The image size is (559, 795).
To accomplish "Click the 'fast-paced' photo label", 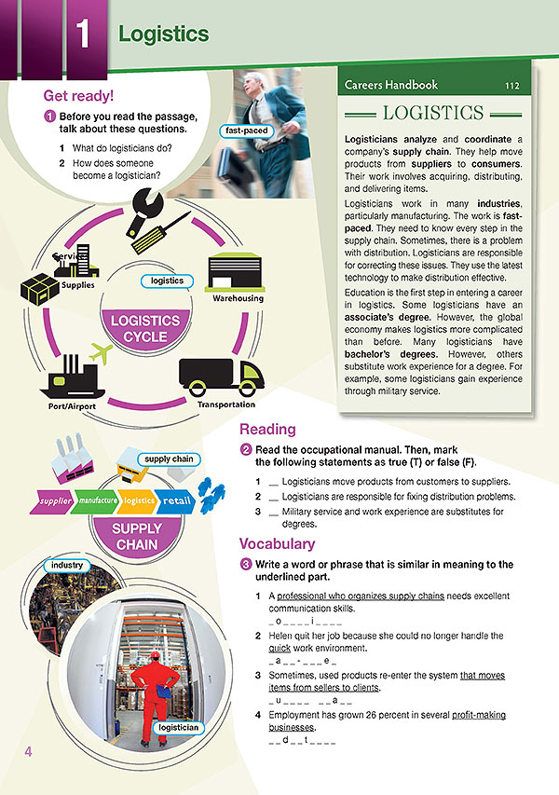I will (247, 130).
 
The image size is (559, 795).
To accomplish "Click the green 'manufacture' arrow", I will (95, 501).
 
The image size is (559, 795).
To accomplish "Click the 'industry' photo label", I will (67, 565).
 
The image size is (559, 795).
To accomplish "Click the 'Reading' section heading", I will (267, 430).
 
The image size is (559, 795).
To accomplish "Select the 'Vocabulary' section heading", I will (277, 543).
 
